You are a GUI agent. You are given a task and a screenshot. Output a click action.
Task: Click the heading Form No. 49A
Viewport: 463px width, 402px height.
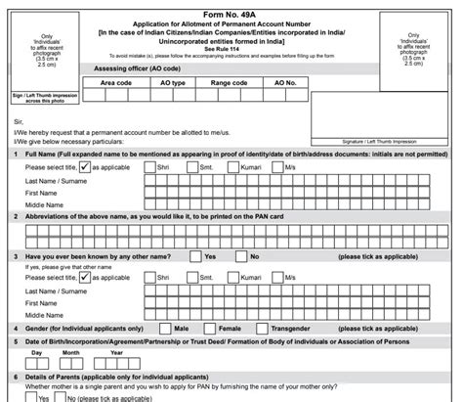click(x=231, y=7)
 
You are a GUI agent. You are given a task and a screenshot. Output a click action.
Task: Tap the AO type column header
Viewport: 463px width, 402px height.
click(x=172, y=83)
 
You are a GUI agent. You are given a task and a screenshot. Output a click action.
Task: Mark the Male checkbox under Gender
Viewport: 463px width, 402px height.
click(x=163, y=328)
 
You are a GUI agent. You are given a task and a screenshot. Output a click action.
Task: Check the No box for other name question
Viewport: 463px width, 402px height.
click(x=239, y=255)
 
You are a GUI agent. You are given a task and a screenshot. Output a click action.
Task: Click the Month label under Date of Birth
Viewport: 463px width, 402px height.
click(x=71, y=352)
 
